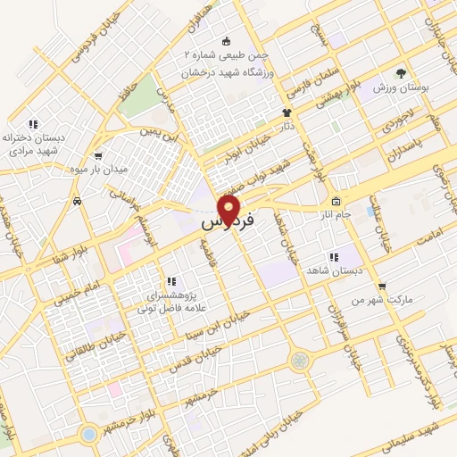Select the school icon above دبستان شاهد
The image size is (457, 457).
[x=333, y=257]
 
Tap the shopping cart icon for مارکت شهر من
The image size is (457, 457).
[x=382, y=287]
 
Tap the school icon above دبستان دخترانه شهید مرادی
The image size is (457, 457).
[x=33, y=124]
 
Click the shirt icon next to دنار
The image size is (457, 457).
[x=287, y=112]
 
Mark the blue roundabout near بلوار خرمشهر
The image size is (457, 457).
[x=88, y=435]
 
